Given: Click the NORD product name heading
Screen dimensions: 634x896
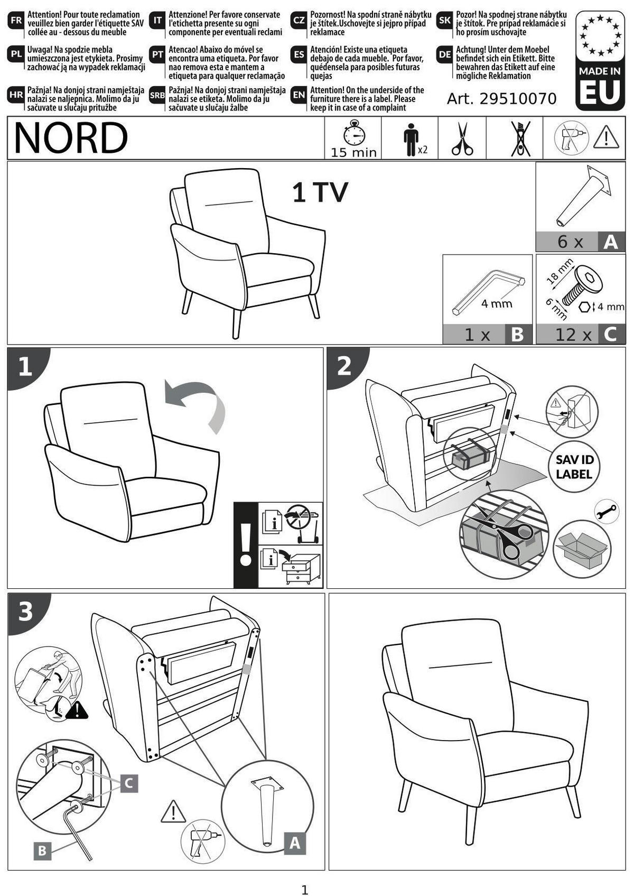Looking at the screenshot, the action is point(71,137).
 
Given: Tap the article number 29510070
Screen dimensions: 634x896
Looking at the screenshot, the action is point(518,98).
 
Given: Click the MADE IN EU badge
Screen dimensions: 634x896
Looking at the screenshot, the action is point(600,60).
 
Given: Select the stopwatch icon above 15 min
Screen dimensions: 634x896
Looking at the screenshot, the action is point(354,132).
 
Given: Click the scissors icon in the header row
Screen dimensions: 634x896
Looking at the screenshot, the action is point(462,138).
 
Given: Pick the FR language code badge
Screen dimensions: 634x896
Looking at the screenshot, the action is point(16,21).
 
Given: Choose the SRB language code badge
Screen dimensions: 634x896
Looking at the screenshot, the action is point(157,96).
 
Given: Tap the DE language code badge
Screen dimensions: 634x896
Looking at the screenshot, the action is point(445,55).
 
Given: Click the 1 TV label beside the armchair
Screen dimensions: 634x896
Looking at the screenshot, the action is point(320,192).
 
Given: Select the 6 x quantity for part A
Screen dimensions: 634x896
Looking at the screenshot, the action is point(570,242).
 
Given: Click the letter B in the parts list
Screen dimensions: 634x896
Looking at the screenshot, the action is point(517,334).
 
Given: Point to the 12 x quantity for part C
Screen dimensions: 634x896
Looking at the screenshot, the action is point(573,335).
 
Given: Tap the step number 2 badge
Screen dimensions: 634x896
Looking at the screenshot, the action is point(344,365).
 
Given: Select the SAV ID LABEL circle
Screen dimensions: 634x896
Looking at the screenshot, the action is point(574,466).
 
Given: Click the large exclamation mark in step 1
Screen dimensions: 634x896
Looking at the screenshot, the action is point(246,545).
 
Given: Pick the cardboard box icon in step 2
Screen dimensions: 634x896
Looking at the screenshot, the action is point(582,548).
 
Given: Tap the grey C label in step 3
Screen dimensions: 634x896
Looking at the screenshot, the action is point(128,783).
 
